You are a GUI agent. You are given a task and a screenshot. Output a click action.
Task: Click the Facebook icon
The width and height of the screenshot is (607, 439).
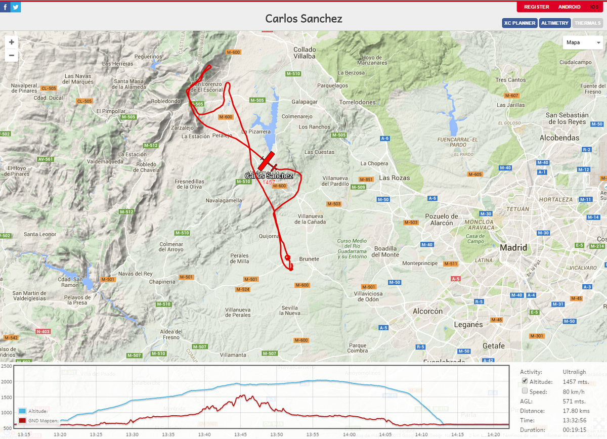click(5, 7)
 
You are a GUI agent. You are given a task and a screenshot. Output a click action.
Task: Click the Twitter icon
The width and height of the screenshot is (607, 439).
click(16, 7)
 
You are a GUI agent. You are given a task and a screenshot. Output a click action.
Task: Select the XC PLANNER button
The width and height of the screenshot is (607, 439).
click(519, 23)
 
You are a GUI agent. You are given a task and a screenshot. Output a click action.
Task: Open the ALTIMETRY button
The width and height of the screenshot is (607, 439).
click(555, 23)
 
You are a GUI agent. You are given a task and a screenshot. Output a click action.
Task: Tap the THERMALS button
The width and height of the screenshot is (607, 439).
click(587, 23)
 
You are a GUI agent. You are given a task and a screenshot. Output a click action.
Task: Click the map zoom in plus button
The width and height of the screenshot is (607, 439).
click(12, 42)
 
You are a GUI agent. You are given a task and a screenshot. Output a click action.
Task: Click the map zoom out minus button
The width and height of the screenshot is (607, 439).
click(12, 55)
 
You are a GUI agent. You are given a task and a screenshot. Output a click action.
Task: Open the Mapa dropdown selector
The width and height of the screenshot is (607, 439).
click(583, 42)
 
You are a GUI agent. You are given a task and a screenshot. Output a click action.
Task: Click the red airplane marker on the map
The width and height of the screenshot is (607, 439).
click(267, 161)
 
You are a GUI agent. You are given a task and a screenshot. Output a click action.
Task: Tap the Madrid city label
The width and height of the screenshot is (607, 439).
click(513, 248)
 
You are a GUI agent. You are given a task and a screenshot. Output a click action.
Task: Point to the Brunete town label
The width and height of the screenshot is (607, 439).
click(309, 259)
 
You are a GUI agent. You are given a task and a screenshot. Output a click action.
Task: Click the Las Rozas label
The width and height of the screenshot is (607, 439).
click(395, 178)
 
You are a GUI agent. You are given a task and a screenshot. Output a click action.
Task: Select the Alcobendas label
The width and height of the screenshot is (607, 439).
click(559, 138)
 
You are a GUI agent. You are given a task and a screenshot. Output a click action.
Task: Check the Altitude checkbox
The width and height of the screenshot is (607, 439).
click(525, 381)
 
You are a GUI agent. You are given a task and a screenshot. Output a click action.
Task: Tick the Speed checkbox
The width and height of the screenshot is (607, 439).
click(525, 391)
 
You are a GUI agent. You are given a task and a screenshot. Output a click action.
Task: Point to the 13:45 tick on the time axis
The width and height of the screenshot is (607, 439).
click(240, 434)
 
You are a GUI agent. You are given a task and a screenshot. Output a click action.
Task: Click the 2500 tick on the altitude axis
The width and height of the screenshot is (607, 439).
click(7, 366)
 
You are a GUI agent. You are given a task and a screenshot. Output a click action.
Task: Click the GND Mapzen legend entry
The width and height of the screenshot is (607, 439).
click(38, 420)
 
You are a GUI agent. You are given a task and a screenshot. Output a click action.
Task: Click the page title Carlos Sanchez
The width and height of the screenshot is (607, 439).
click(303, 19)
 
